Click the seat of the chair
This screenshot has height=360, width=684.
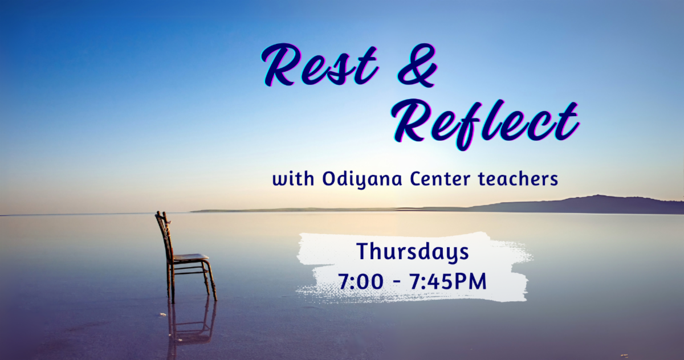189,257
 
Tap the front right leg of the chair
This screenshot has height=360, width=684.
212,282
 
